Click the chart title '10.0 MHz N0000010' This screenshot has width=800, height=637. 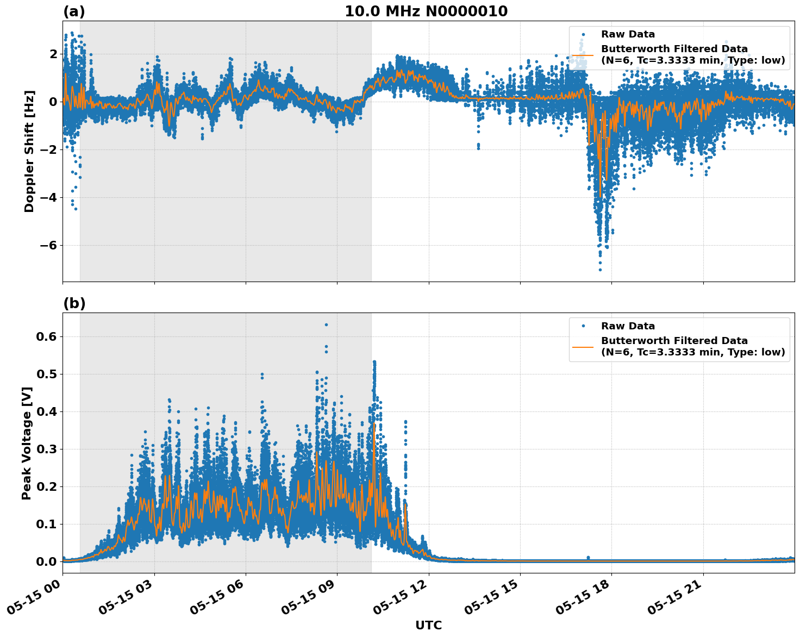426,11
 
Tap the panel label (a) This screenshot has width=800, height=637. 74,11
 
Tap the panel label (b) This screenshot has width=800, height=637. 74,303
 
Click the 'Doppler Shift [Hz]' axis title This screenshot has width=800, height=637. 29,151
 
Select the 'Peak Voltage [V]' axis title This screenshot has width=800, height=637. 27,443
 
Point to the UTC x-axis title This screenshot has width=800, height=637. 428,625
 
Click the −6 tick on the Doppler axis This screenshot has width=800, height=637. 46,245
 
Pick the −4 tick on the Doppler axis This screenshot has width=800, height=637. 46,197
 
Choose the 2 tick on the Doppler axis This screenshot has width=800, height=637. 53,54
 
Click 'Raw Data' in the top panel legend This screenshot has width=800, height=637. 628,35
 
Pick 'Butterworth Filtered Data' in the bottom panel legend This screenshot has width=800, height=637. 674,341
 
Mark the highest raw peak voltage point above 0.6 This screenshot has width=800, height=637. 326,324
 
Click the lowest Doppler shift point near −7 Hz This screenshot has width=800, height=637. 600,270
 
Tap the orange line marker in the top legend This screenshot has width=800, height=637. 583,54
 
